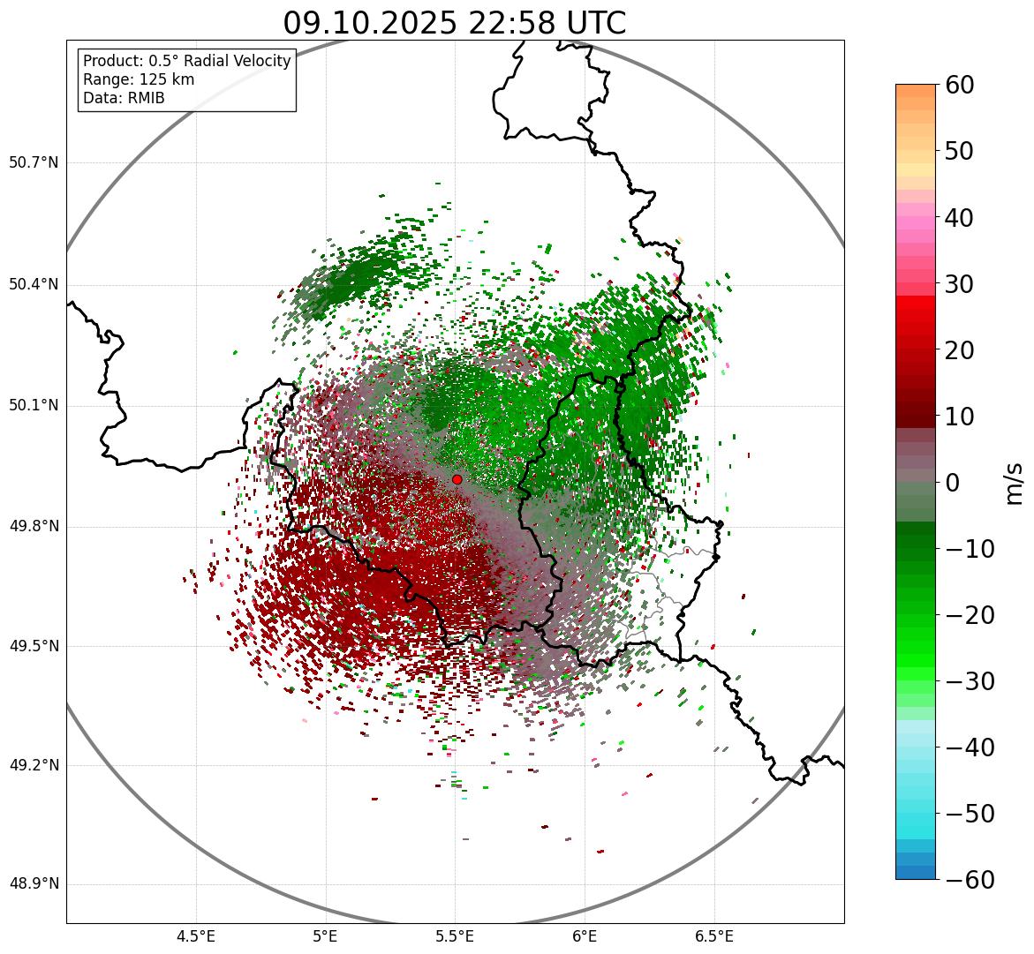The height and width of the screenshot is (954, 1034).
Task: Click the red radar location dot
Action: pos(457,479)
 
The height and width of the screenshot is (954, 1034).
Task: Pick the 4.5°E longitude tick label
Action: pos(196,936)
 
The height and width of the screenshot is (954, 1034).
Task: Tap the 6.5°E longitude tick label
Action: pos(713,936)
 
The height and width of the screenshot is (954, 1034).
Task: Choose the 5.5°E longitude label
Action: pos(455,936)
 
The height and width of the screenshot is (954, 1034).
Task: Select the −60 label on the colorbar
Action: pos(970,880)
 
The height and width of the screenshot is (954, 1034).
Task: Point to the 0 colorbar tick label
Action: pos(953,483)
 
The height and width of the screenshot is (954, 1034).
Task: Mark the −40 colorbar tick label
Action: pos(970,747)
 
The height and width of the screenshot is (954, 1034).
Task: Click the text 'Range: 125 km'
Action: pos(139,79)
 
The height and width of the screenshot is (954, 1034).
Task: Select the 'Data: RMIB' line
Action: pos(124,98)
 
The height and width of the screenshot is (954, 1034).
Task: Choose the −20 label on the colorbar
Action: pos(970,615)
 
